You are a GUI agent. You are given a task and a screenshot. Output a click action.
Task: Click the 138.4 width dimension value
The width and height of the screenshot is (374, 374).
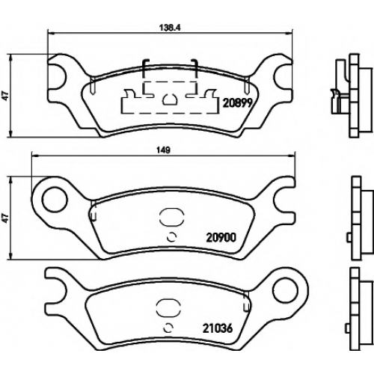pyautogui.click(x=170, y=28)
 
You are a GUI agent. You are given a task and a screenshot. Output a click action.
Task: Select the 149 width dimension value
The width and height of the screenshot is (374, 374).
pyautogui.click(x=163, y=150)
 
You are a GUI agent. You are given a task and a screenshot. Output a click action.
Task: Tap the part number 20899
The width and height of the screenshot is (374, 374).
pyautogui.click(x=238, y=102)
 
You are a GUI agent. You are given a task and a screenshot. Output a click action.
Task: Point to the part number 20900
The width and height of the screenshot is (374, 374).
pyautogui.click(x=221, y=238)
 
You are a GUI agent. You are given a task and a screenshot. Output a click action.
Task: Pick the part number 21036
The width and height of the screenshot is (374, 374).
pyautogui.click(x=218, y=328)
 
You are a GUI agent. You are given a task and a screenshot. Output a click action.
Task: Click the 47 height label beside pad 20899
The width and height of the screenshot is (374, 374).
pyautogui.click(x=5, y=96)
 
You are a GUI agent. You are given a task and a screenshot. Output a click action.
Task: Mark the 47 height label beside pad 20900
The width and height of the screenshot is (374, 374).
pyautogui.click(x=5, y=218)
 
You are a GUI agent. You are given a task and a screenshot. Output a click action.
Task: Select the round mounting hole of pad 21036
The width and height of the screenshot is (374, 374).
pyautogui.click(x=285, y=290)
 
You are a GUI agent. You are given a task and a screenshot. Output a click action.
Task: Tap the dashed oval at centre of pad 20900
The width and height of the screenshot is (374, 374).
pyautogui.click(x=171, y=217)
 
